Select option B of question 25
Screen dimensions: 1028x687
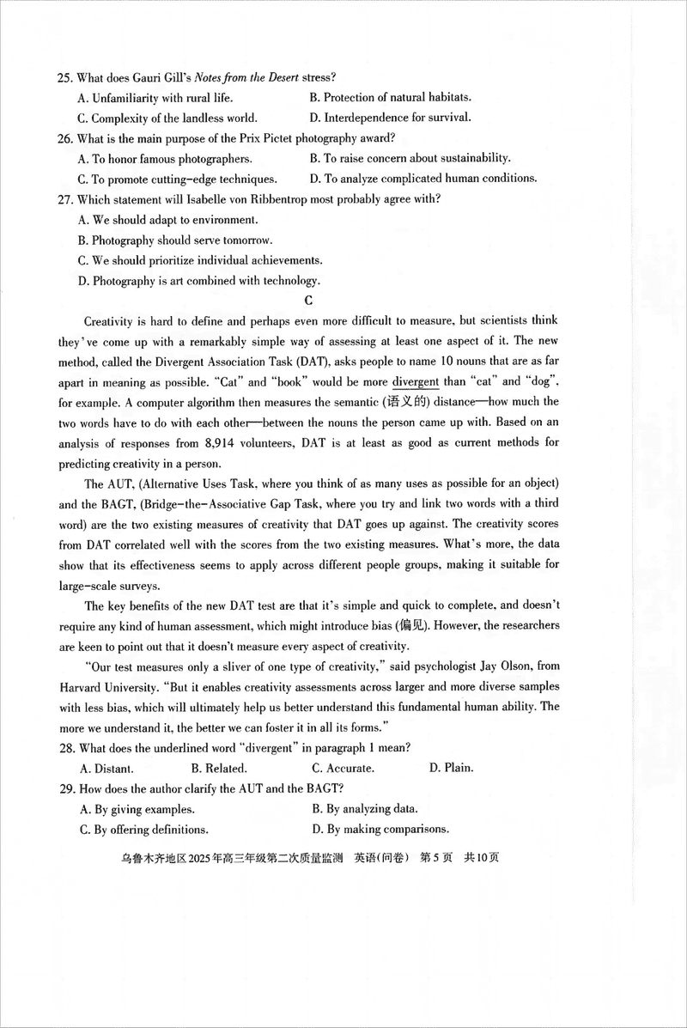390,98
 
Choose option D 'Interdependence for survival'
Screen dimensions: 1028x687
390,119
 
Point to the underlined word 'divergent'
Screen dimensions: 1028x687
416,381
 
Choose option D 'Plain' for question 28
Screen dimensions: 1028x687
451,768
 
